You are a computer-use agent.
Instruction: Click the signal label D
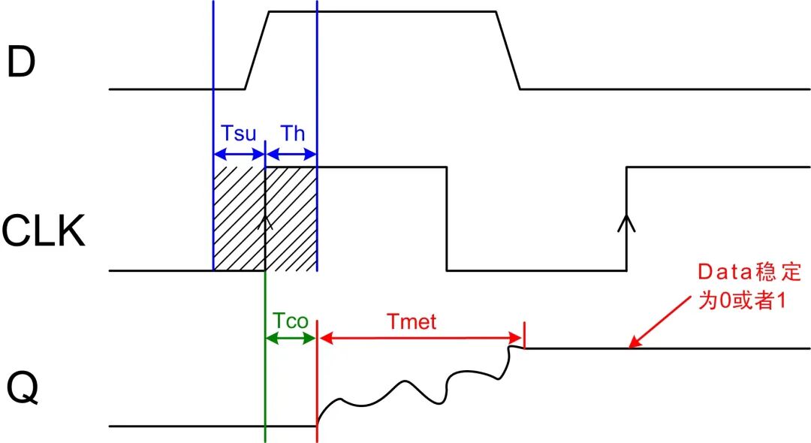tap(21, 62)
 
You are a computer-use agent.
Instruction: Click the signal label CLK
tap(44, 231)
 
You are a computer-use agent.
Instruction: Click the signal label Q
tap(23, 389)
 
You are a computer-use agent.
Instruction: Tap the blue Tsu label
tap(239, 134)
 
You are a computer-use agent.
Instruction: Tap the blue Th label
tap(293, 134)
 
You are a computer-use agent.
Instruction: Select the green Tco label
tap(290, 321)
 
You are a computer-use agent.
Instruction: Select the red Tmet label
tap(412, 321)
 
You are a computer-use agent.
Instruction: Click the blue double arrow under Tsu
tap(239, 154)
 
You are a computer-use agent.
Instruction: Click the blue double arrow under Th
tap(291, 154)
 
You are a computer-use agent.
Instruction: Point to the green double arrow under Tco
tap(290, 339)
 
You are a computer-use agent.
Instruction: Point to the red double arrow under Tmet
tap(421, 339)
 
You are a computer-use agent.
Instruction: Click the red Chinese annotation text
tap(749, 286)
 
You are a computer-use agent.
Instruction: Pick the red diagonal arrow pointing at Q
tap(660, 321)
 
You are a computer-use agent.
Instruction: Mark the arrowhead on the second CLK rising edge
tap(626, 222)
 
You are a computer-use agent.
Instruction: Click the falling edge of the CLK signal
tap(447, 218)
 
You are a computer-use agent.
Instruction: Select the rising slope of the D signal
tap(257, 50)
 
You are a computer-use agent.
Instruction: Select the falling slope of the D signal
tap(508, 50)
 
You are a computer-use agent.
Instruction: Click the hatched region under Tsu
tap(239, 218)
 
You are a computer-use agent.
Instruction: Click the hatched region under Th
tap(291, 218)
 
